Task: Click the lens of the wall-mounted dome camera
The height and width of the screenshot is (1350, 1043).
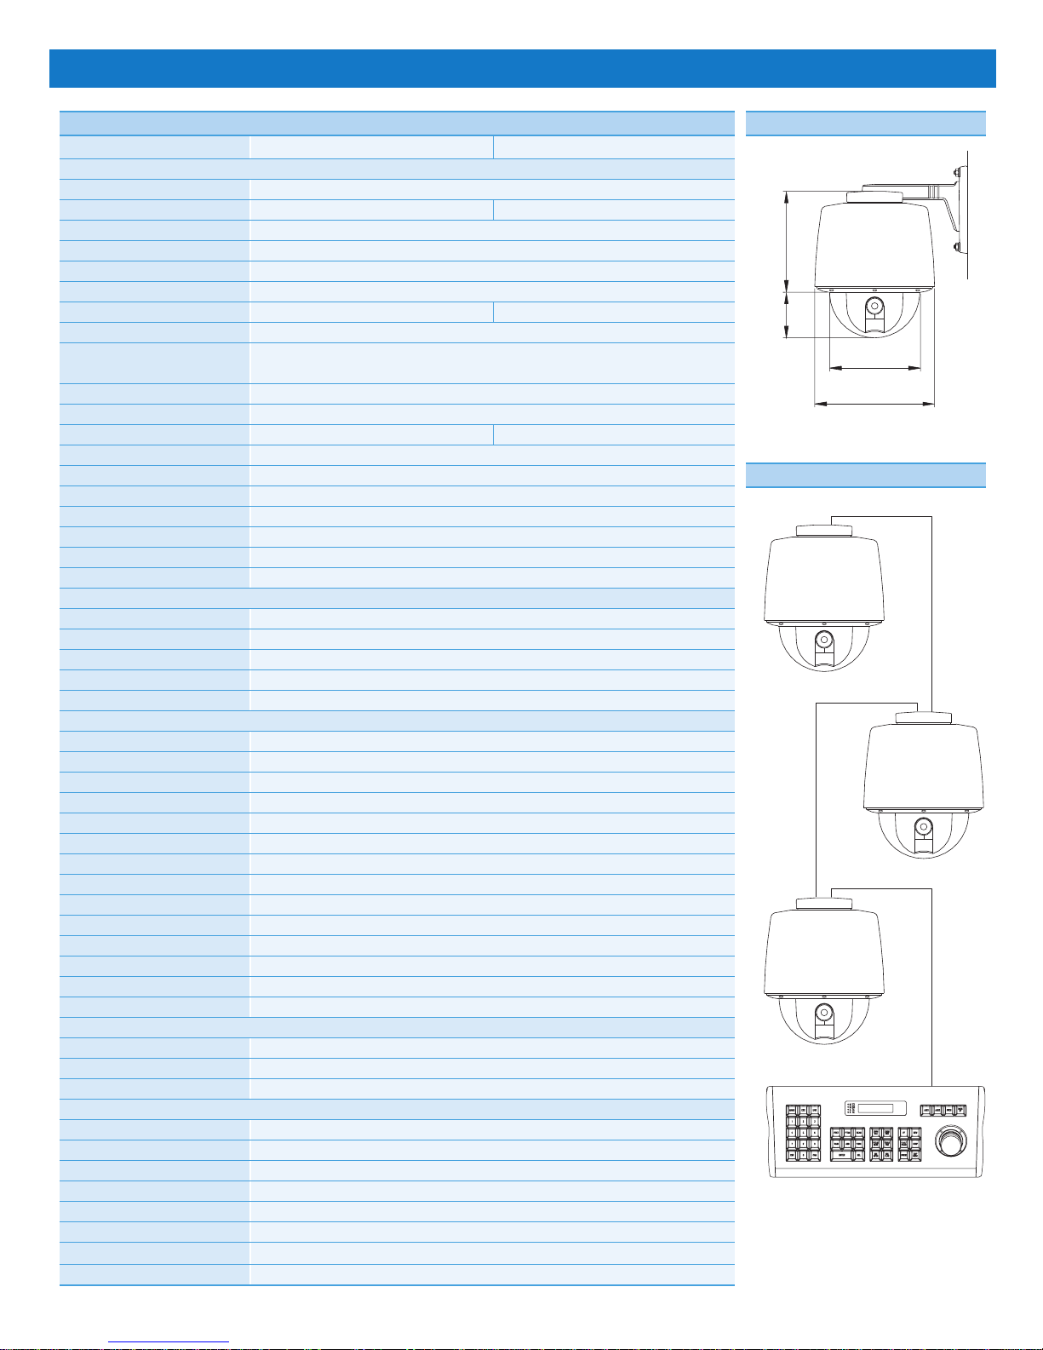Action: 874,307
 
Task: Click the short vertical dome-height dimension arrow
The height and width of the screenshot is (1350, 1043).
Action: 784,314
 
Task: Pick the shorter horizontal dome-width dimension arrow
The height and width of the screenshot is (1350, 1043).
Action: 874,369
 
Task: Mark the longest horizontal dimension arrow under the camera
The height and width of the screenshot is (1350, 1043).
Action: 874,404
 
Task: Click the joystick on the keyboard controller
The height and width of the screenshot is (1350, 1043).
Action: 952,1138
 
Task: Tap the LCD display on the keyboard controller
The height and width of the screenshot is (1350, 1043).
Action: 874,1109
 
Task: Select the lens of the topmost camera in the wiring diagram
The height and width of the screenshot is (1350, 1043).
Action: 823,640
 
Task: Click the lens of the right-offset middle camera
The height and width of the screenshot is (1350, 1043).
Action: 923,826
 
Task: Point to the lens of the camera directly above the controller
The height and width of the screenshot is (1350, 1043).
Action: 823,1013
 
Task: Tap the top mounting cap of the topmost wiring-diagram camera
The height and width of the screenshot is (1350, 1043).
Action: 823,531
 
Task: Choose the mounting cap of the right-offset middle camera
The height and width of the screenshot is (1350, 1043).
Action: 923,717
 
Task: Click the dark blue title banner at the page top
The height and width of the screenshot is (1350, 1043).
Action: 522,68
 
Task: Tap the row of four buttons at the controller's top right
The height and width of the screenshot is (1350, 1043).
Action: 943,1111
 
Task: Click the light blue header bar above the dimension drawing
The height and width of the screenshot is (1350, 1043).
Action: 865,124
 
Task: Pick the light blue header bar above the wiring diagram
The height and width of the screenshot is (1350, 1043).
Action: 865,474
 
